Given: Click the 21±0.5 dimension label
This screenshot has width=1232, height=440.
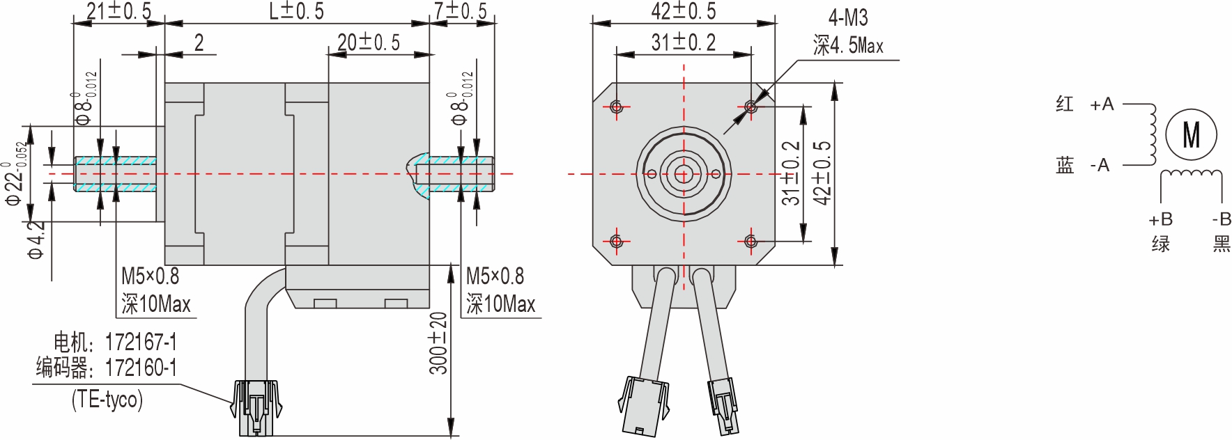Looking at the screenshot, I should click(118, 11).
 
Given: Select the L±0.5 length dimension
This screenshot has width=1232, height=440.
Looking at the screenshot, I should click(296, 11).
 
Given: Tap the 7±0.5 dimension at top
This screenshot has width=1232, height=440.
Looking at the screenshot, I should click(460, 11).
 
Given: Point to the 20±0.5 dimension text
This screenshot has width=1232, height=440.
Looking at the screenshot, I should click(369, 43).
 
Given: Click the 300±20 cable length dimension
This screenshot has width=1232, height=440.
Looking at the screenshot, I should click(438, 343).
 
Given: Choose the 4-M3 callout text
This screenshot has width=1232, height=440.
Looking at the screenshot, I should click(848, 18).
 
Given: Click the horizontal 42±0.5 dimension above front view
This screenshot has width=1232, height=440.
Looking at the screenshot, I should click(683, 11).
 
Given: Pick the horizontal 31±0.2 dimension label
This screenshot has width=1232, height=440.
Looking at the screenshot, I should click(683, 43).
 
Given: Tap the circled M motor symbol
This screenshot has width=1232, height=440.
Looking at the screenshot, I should click(1191, 134).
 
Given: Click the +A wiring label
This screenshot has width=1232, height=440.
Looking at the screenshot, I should click(1102, 104).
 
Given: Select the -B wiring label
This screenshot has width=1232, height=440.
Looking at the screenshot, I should click(1221, 220).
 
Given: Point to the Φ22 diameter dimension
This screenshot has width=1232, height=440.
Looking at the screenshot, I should click(15, 174).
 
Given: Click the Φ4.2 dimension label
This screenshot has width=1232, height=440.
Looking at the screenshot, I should click(35, 241).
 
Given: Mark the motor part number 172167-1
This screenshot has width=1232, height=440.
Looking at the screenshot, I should click(141, 343).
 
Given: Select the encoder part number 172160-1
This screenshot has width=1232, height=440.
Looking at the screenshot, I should click(141, 368).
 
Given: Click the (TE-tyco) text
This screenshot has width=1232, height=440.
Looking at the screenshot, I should click(107, 399).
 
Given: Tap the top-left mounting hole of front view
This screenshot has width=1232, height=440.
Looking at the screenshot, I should click(616, 107).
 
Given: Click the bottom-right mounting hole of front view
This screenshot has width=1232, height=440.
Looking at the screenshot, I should click(750, 241).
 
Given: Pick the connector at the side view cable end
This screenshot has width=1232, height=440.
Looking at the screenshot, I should click(256, 407).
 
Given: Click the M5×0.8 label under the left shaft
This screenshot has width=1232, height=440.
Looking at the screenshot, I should click(150, 276).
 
